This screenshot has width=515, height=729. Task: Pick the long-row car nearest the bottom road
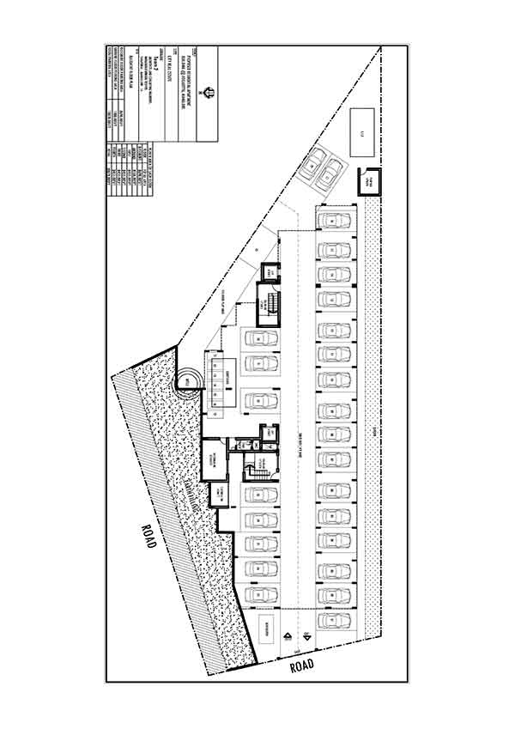pos(331,619)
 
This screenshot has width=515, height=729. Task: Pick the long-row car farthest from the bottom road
pos(331,221)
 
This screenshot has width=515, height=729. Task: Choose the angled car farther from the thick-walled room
pos(313,161)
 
